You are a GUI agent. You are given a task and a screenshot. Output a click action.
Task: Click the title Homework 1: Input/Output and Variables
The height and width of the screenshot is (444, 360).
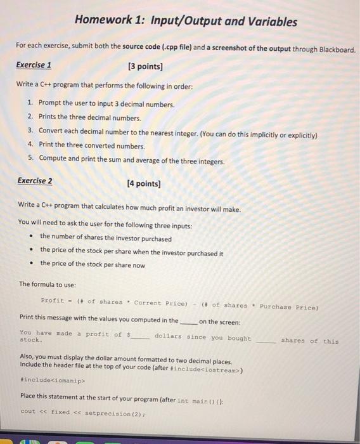[185, 22]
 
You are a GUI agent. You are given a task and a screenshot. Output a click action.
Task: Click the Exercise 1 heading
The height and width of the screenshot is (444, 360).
[34, 65]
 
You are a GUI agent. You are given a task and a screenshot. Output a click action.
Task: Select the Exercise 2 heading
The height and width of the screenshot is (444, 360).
[35, 181]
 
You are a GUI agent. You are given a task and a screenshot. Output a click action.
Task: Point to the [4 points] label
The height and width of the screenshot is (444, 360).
[144, 184]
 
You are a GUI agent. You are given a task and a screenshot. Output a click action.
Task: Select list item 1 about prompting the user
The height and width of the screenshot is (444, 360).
[106, 103]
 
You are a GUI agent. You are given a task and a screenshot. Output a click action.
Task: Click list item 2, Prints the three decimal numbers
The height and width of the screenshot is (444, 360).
[89, 117]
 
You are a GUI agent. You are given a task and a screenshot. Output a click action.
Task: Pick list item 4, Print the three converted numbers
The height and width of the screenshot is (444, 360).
[91, 145]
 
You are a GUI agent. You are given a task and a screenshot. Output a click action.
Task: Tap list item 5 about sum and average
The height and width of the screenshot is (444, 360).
[131, 160]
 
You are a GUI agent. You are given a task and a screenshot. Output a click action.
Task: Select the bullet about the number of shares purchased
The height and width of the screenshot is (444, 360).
[105, 238]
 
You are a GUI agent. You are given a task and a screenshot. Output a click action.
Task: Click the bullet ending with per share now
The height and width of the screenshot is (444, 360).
[93, 264]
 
